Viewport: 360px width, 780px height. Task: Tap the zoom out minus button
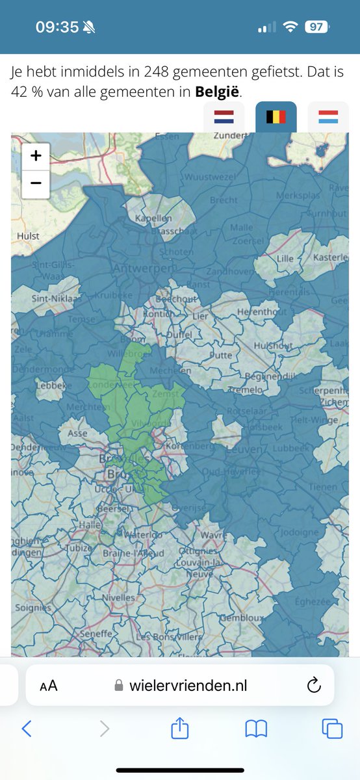[x=36, y=184]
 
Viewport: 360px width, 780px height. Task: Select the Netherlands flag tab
[x=224, y=118]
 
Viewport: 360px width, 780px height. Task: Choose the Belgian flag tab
[x=276, y=118]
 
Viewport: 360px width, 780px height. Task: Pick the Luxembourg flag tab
[x=328, y=118]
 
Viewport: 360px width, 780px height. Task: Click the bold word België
[x=218, y=92]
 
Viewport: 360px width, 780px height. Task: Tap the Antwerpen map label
[x=144, y=268]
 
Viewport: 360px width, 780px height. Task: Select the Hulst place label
[x=28, y=236]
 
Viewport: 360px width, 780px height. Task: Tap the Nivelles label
[x=119, y=597]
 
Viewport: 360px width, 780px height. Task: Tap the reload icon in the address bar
[x=313, y=685]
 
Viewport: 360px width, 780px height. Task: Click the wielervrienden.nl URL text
[x=188, y=685]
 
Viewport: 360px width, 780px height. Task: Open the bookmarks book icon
[x=256, y=729]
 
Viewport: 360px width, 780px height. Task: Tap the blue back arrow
[x=27, y=729]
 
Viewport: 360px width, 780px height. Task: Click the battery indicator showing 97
[x=318, y=27]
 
